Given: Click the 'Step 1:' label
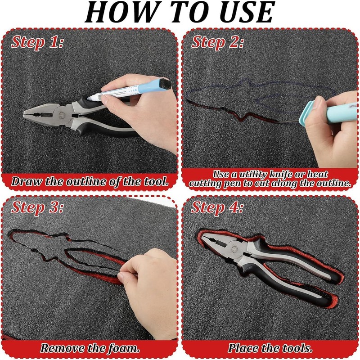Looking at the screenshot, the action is pos(37,42).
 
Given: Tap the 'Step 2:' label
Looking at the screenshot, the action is pos(217,42).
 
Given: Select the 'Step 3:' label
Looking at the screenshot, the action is pos(37,207).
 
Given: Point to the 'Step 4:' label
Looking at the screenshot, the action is pos(217,207).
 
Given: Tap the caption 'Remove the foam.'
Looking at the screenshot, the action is pos(90,348).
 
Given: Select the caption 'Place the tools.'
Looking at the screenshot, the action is pos(270,348).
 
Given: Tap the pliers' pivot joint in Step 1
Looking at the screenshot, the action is pos(62,115).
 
